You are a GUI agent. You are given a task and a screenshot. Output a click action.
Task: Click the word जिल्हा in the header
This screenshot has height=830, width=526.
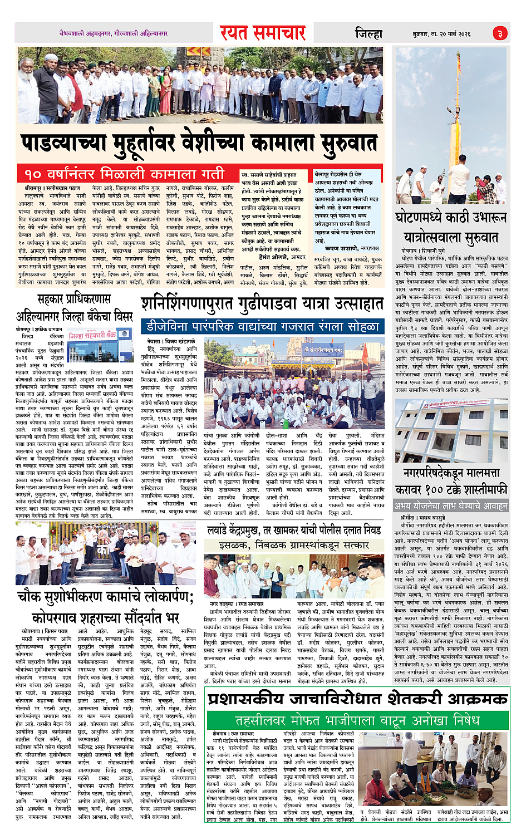369,34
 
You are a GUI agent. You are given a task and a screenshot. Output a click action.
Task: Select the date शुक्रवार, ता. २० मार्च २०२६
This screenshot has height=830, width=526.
441,34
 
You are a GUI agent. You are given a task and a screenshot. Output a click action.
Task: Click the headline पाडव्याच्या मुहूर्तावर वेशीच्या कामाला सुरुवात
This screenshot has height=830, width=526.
200,143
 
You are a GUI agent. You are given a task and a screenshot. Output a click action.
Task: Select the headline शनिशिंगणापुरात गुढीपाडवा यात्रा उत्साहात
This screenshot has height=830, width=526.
262,303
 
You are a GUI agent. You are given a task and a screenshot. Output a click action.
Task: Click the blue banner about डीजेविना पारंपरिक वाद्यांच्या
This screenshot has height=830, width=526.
262,326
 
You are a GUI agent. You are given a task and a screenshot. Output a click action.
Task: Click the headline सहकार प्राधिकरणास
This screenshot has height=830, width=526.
74,299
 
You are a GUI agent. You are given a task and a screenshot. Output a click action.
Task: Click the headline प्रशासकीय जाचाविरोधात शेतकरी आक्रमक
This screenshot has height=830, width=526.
358,698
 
